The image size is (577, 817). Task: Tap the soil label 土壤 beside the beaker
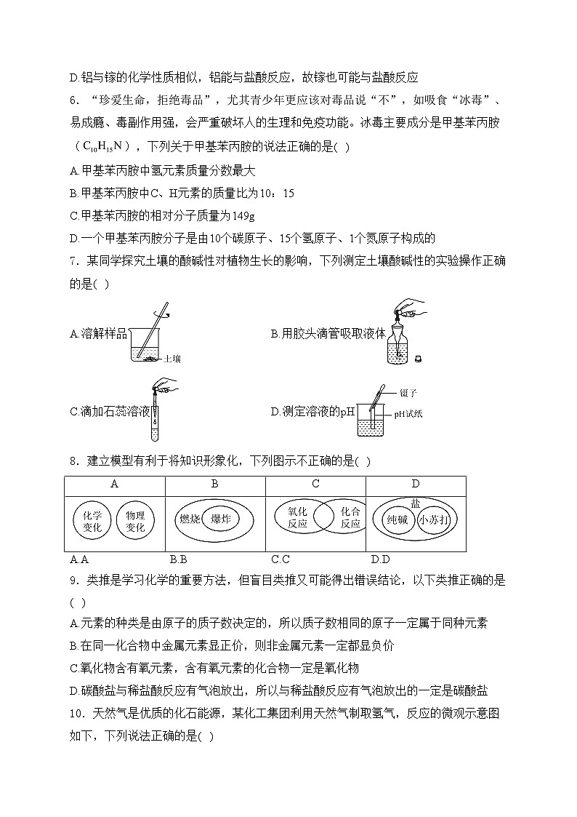(x=172, y=359)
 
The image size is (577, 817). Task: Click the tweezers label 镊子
(x=408, y=393)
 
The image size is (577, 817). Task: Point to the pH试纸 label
(x=408, y=414)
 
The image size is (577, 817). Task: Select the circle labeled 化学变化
(x=92, y=521)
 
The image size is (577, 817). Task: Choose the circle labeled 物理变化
(x=135, y=521)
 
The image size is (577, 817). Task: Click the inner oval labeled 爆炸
(x=221, y=519)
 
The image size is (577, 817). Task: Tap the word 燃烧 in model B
(x=188, y=519)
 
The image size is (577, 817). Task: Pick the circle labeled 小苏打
(x=435, y=521)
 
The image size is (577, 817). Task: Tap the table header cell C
(x=315, y=484)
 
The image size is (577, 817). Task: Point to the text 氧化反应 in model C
(x=298, y=517)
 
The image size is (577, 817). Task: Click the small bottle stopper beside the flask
(x=417, y=358)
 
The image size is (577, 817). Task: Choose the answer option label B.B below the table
(x=178, y=559)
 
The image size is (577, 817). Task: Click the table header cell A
(x=114, y=484)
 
